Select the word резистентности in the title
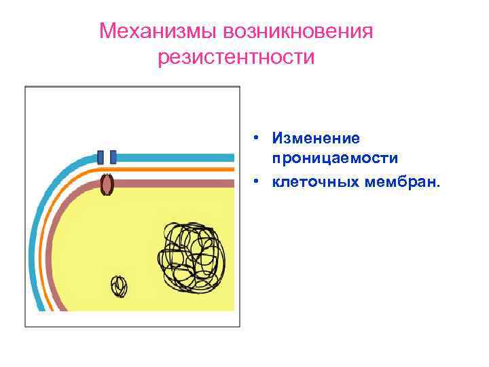(236, 58)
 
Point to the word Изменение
(316, 138)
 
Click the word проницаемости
(335, 158)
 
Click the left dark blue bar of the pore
(101, 157)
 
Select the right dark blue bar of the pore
(113, 157)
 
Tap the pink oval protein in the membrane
(107, 184)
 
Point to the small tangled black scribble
(120, 286)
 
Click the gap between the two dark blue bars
(107, 157)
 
